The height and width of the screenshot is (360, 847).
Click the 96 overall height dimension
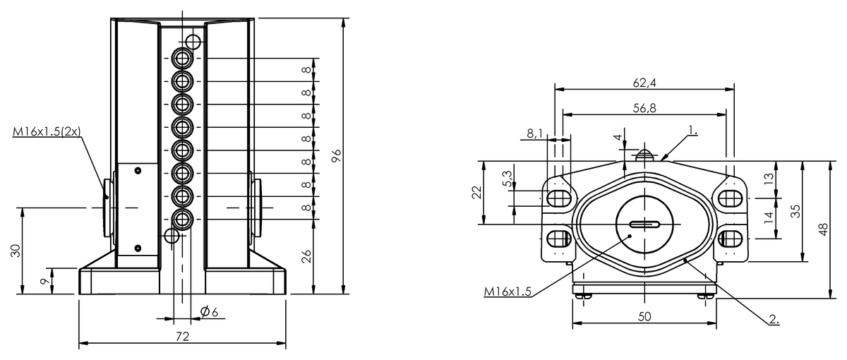click(x=336, y=155)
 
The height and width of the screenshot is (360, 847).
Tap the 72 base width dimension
click(x=183, y=336)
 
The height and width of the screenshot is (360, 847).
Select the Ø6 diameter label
click(x=209, y=311)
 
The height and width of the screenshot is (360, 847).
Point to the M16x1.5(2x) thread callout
click(x=47, y=131)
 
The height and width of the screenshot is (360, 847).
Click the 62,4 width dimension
click(x=644, y=83)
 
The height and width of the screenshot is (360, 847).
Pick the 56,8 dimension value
click(x=644, y=108)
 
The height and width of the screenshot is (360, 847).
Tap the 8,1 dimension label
click(x=535, y=133)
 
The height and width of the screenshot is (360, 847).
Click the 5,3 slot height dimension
click(x=507, y=179)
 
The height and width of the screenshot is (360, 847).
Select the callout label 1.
click(x=692, y=131)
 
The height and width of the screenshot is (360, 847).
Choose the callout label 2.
click(x=774, y=319)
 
